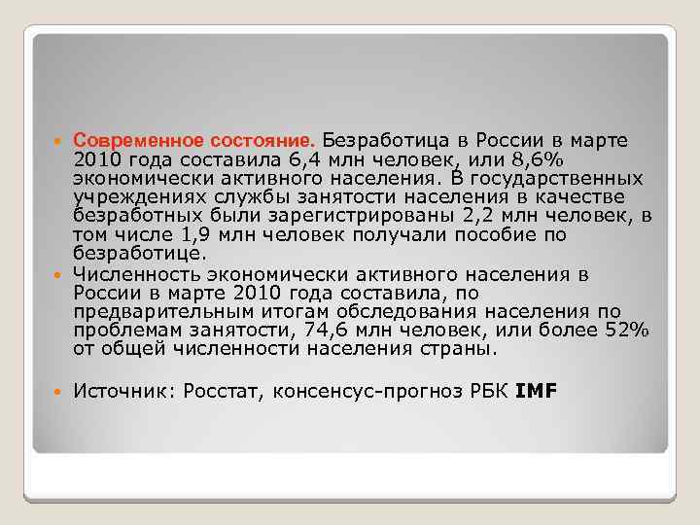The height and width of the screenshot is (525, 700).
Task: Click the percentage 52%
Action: click(x=625, y=331)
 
